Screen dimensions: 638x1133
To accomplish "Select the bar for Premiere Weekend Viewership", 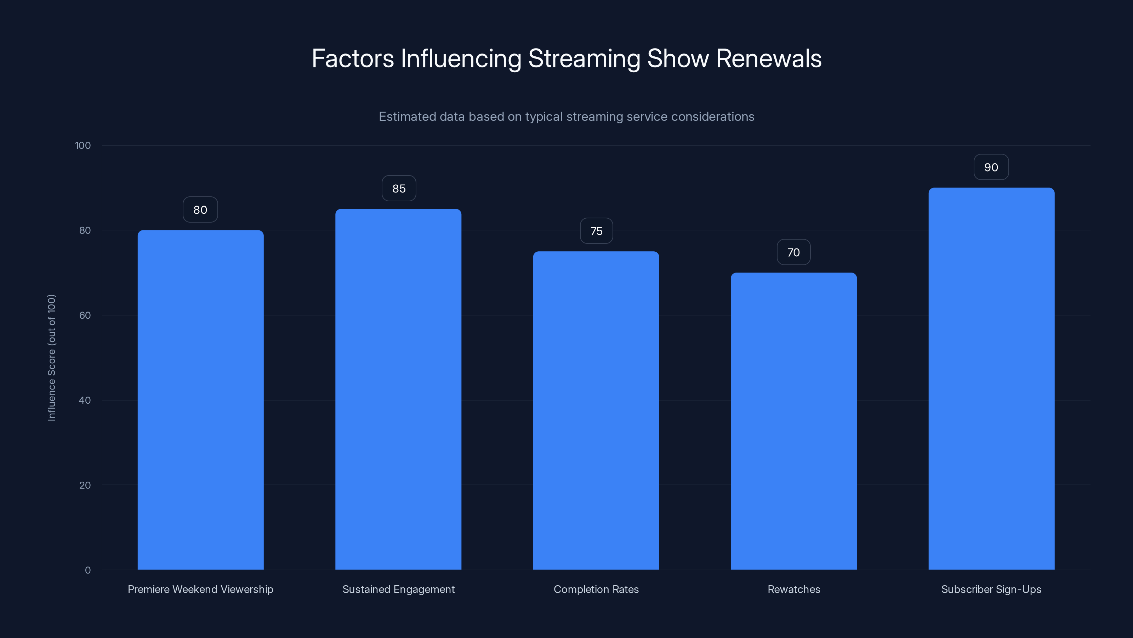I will [x=200, y=400].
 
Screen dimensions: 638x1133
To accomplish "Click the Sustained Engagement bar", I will [x=398, y=389].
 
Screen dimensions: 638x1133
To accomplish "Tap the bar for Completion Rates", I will [x=596, y=410].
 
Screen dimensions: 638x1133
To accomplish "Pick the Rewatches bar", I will [x=793, y=421].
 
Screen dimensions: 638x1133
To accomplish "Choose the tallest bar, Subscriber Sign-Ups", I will [x=991, y=379].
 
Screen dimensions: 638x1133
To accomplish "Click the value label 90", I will [x=991, y=167].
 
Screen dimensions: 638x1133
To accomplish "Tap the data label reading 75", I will [x=596, y=231].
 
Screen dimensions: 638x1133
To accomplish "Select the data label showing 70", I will [x=793, y=252].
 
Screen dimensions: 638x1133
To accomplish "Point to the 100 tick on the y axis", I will [x=83, y=145].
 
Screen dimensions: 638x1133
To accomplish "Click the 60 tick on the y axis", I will [x=85, y=315].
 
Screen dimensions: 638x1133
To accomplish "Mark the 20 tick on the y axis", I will [x=85, y=485].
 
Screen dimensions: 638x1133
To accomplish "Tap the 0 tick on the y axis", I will [x=87, y=570].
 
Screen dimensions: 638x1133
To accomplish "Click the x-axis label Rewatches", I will [x=793, y=589].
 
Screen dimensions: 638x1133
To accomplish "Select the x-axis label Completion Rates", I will [x=596, y=589].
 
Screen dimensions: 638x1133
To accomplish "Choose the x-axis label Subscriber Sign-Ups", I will [x=991, y=589].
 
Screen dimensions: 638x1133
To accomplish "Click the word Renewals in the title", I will [x=768, y=58].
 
